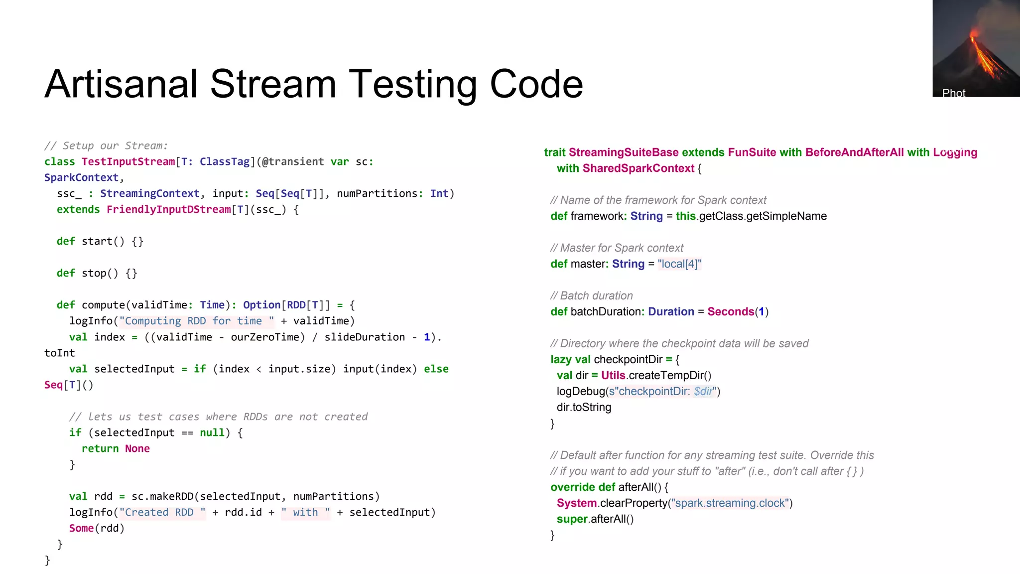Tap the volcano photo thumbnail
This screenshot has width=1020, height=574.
point(976,48)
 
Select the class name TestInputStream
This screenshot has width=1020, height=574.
point(128,161)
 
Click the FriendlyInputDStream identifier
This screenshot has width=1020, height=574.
point(168,209)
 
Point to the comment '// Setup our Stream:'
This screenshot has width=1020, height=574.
point(106,145)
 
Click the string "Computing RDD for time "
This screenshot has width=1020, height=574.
point(196,321)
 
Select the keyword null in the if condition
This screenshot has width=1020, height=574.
point(212,432)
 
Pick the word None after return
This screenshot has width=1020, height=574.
point(137,448)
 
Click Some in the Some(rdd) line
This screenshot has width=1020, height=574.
point(81,528)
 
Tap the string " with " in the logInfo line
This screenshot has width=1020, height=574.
point(305,512)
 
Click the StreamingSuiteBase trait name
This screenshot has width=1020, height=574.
point(624,152)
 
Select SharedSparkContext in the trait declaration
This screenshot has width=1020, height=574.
point(638,168)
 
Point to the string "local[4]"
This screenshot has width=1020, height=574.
point(679,264)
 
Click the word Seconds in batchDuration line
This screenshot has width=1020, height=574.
point(731,312)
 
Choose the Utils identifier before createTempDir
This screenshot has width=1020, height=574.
point(613,376)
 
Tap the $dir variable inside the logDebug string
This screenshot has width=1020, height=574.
point(703,392)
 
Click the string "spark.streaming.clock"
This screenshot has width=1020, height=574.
point(730,503)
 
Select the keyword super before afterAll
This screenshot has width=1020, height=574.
point(572,519)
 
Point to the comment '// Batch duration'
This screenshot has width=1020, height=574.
point(592,296)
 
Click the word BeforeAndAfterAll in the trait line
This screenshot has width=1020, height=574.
point(854,152)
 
